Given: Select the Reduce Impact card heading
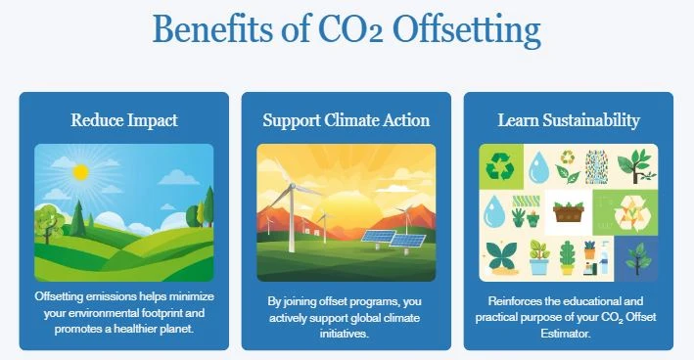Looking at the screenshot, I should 123,120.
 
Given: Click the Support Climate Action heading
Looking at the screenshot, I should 346,120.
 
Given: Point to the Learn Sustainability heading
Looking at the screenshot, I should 569,120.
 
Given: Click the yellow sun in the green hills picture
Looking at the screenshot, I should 80,172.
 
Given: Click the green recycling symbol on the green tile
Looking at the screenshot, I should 499,165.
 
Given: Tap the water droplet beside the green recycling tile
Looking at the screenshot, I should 538,168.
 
